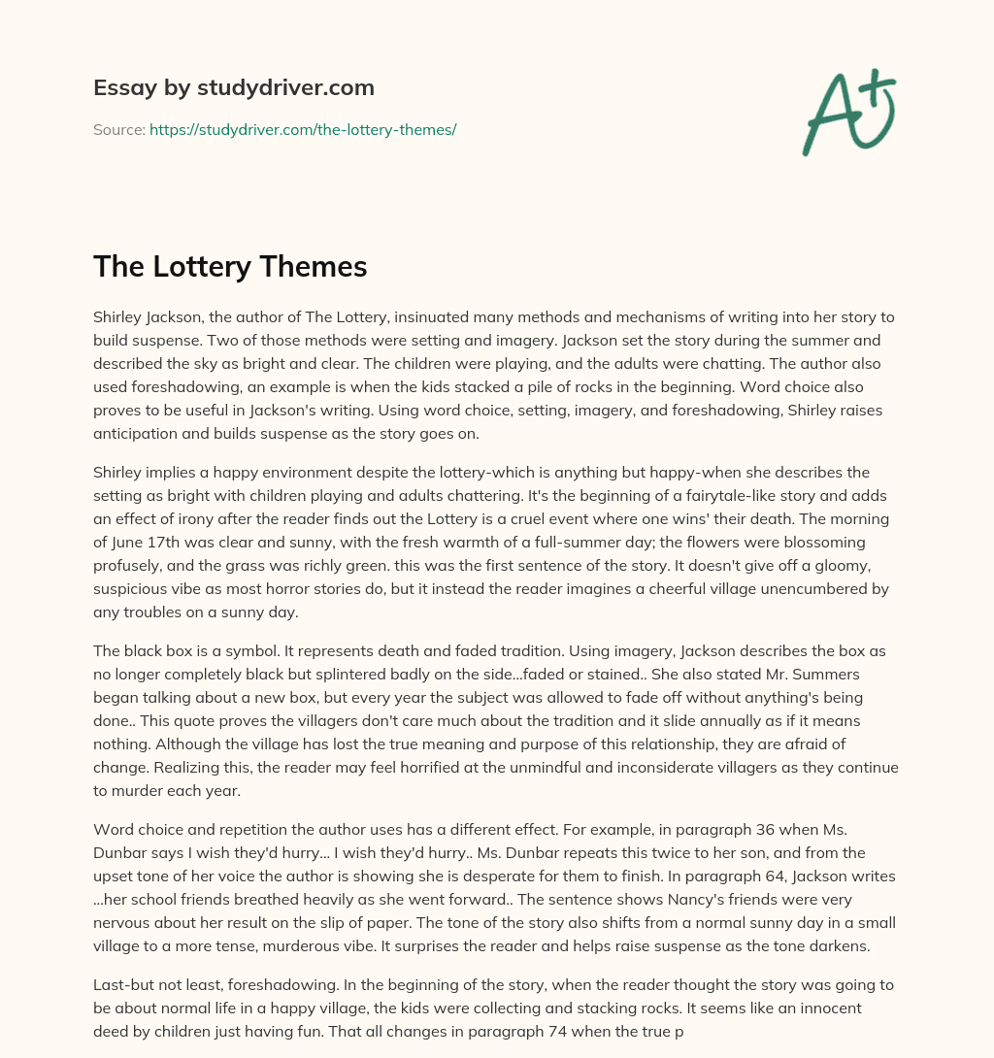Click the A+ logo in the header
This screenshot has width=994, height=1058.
coord(848,113)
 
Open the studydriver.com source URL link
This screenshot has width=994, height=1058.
coord(303,129)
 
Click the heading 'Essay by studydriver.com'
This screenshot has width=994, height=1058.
coord(233,87)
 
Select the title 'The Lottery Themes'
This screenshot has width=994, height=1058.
coord(230,266)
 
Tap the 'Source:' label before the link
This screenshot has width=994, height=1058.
coord(118,129)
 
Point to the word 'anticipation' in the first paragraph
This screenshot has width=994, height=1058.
coord(138,433)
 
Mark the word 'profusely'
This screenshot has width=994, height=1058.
coord(128,565)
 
